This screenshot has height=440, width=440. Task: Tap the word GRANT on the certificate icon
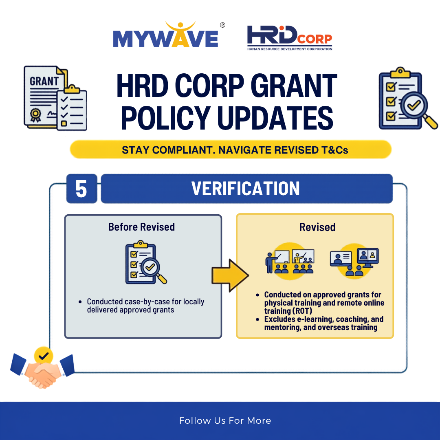tap(44, 81)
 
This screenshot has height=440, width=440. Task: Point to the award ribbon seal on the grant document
tap(35, 115)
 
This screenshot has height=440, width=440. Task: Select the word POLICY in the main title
tap(165, 118)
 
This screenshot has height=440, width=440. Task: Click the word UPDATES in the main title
tap(275, 118)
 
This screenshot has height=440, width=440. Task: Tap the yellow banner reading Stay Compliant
tap(231, 150)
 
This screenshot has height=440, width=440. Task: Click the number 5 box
tap(81, 189)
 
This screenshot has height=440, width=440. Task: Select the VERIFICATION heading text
tap(246, 189)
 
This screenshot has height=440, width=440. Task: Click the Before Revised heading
tap(141, 227)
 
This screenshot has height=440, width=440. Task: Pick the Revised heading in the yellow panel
tap(317, 227)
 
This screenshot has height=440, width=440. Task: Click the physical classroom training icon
tap(290, 261)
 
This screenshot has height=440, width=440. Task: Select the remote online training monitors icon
tap(354, 261)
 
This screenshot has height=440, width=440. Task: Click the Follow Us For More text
tap(225, 420)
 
